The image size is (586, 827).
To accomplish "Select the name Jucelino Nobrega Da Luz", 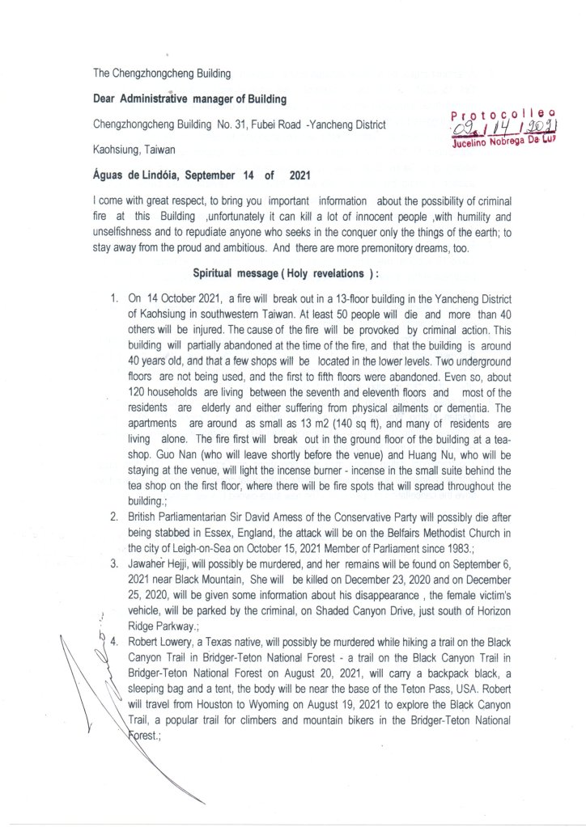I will click(507, 146).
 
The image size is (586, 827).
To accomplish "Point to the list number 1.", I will click(114, 299).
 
